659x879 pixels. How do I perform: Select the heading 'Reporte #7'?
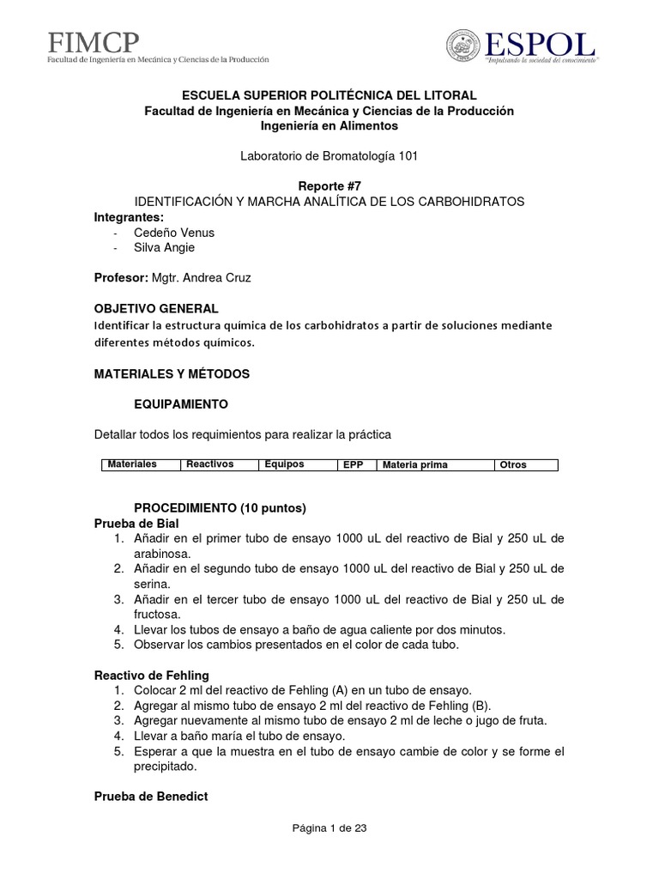(329, 186)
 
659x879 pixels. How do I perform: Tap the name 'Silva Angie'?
(164, 247)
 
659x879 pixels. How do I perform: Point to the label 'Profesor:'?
(121, 277)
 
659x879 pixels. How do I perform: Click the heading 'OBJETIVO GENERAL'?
(156, 308)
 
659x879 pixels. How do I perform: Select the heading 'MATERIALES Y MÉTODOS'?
(172, 374)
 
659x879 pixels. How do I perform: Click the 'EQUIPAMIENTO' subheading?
(181, 403)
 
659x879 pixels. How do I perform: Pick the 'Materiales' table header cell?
(131, 464)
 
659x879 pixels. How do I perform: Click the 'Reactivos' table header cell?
(209, 464)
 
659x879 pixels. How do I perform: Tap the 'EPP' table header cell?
(353, 464)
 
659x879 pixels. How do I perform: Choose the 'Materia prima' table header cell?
(414, 464)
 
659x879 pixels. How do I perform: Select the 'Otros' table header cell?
(512, 464)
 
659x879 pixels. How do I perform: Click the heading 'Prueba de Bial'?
(136, 524)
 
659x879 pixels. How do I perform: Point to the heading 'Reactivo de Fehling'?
(151, 676)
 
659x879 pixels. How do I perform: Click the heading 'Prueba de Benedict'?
(150, 797)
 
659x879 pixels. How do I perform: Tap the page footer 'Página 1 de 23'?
(329, 828)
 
